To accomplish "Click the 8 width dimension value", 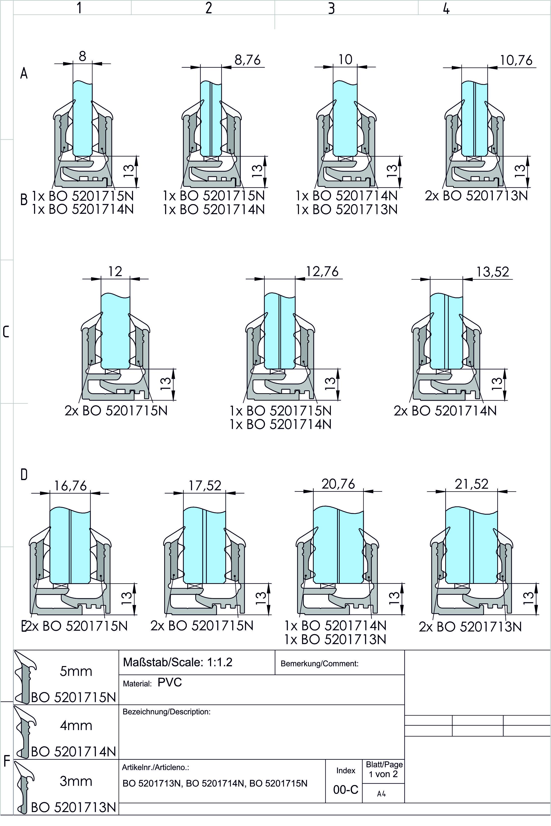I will pyautogui.click(x=82, y=56).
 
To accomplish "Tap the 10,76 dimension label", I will pyautogui.click(x=516, y=60).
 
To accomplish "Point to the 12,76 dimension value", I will pyautogui.click(x=322, y=272).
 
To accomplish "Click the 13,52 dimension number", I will pyautogui.click(x=493, y=272).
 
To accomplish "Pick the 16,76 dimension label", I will pyautogui.click(x=70, y=486).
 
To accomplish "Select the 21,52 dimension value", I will pyautogui.click(x=471, y=484).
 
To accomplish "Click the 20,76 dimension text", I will pyautogui.click(x=338, y=484).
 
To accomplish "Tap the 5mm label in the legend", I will pyautogui.click(x=76, y=671).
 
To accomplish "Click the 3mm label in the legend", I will pyautogui.click(x=76, y=781).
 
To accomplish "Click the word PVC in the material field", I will pyautogui.click(x=170, y=682).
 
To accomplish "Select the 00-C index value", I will pyautogui.click(x=345, y=789).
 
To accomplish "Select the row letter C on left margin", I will pyautogui.click(x=6, y=332).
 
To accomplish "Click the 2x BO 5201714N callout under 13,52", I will pyautogui.click(x=445, y=410).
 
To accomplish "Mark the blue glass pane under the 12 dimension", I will pyautogui.click(x=115, y=330).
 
